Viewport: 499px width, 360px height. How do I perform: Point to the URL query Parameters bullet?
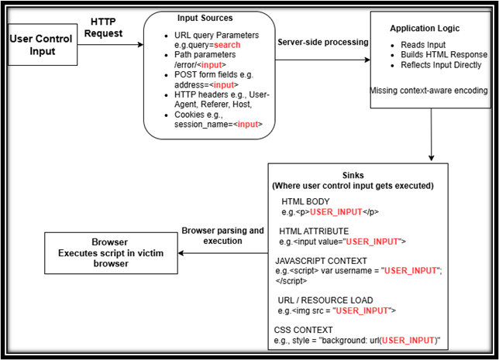tap(206, 36)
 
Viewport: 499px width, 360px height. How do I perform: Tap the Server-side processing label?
tap(322, 42)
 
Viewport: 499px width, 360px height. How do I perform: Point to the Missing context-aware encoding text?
tap(428, 90)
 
